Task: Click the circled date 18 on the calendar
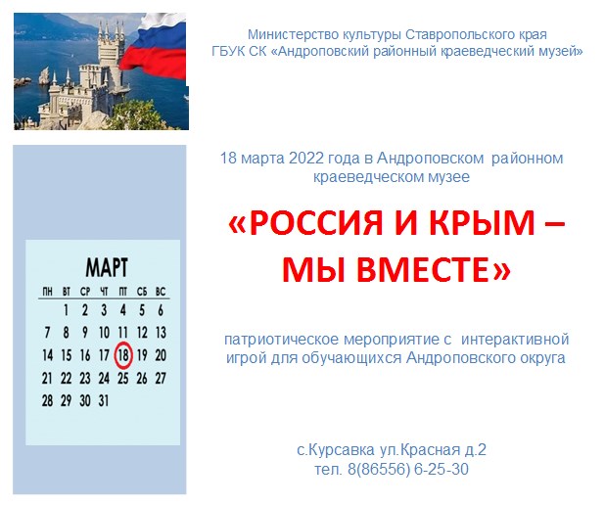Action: pyautogui.click(x=123, y=355)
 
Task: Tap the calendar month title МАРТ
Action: pyautogui.click(x=107, y=267)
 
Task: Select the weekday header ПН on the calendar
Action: pyautogui.click(x=47, y=292)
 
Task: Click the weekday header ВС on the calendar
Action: pyautogui.click(x=161, y=292)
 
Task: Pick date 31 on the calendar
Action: pyautogui.click(x=104, y=400)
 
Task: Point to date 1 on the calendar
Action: pyautogui.click(x=66, y=310)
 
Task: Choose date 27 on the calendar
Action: pyautogui.click(x=161, y=378)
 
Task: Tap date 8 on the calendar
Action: pyautogui.click(x=66, y=333)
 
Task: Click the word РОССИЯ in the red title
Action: pyautogui.click(x=316, y=223)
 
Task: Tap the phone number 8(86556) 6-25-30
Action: pyautogui.click(x=408, y=469)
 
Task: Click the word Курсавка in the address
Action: pyautogui.click(x=341, y=450)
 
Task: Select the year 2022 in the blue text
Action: pyautogui.click(x=306, y=159)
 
